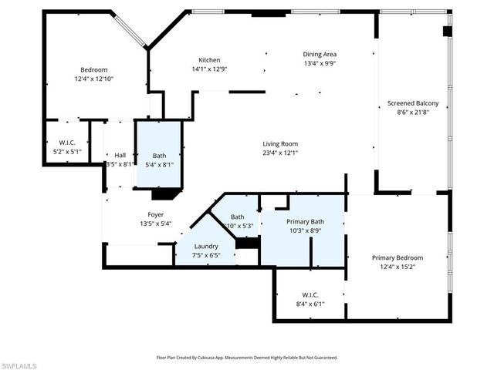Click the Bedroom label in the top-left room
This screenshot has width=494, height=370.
click(x=93, y=69)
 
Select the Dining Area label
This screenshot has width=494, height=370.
click(x=319, y=54)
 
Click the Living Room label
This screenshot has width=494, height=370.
click(x=280, y=143)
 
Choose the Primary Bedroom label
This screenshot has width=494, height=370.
click(x=397, y=257)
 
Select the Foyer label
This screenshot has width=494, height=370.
click(x=155, y=215)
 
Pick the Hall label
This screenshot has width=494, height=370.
click(x=120, y=155)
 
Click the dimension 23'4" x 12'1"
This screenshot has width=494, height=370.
click(x=280, y=153)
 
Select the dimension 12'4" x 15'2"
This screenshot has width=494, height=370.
click(x=397, y=267)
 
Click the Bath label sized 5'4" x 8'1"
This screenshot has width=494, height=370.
click(x=160, y=155)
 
